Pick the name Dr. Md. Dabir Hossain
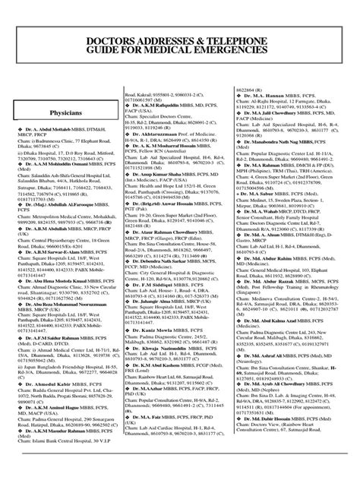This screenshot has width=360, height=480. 276,440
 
